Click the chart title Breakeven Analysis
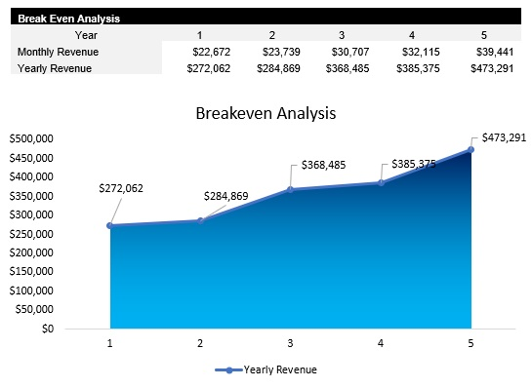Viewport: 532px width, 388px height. point(266,113)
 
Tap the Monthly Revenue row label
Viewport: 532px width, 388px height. point(58,52)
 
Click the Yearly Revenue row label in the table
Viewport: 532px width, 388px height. point(55,68)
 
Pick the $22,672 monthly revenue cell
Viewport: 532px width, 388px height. point(210,52)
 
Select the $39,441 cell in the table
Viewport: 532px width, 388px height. point(477,52)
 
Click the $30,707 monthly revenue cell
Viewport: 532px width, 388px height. point(344,52)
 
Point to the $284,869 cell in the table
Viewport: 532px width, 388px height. point(279,68)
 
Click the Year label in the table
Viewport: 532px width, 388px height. point(60,35)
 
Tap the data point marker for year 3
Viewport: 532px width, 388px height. point(291,189)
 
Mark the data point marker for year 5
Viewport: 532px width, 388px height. point(471,149)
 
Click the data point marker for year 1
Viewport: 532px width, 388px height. point(110,225)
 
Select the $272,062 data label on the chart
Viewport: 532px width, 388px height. point(121,188)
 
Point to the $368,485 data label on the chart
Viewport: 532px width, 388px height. point(323,165)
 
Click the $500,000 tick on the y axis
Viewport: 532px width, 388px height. point(30,139)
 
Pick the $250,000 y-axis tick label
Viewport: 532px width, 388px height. point(30,234)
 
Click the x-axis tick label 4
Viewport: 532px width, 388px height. point(381,343)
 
